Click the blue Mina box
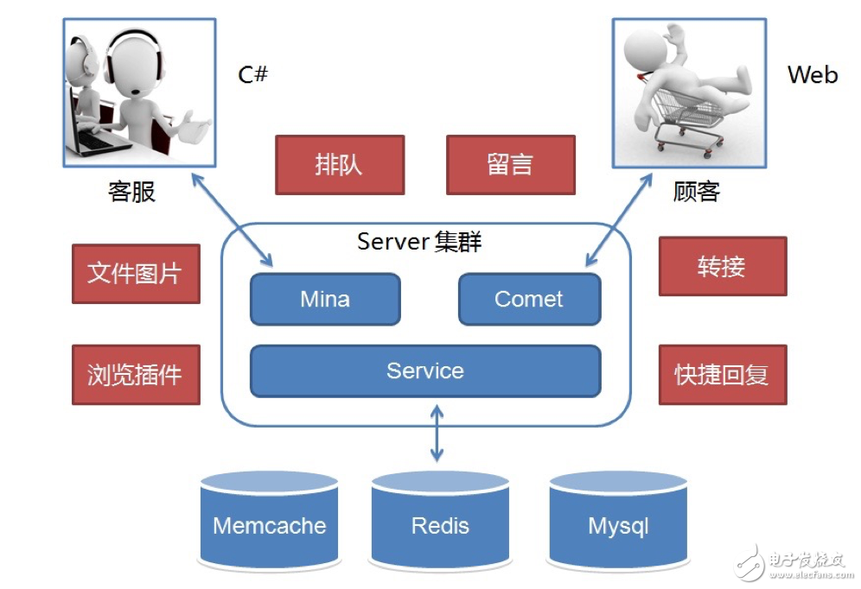point(325,300)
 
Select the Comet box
point(529,300)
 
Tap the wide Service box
point(425,371)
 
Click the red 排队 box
point(340,165)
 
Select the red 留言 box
point(510,165)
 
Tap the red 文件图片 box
point(136,274)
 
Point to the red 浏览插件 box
point(136,375)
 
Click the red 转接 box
point(722,267)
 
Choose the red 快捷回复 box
point(722,375)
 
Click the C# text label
point(253,75)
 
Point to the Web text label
point(812,75)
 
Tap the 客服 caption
point(131,191)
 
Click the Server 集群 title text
point(419,242)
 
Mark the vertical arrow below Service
point(437,436)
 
